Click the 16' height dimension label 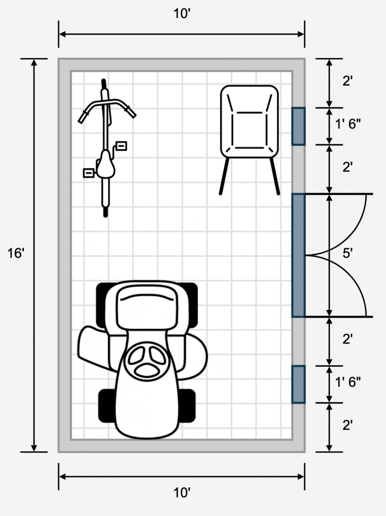tap(16, 254)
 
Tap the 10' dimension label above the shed tap(182, 14)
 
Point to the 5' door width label tap(347, 253)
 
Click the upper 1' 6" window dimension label tap(348, 124)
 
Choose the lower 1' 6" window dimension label tap(348, 382)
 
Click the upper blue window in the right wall tap(299, 126)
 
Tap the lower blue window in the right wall tap(299, 384)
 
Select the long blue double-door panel tap(299, 255)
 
